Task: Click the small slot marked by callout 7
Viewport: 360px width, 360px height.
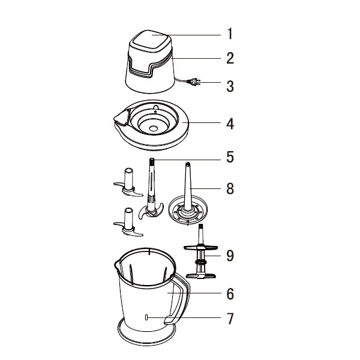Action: pyautogui.click(x=147, y=318)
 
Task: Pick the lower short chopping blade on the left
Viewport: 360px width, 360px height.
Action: pyautogui.click(x=127, y=223)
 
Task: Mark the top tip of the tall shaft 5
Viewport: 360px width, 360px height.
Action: pyautogui.click(x=152, y=161)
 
